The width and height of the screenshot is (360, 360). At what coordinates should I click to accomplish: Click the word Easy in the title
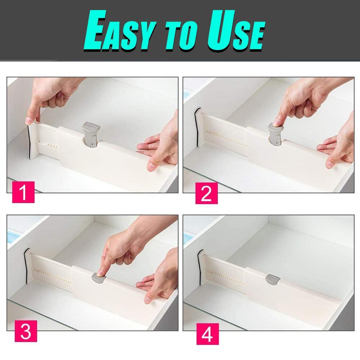pyautogui.click(x=120, y=30)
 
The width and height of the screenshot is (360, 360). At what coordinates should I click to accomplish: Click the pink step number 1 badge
pyautogui.click(x=23, y=192)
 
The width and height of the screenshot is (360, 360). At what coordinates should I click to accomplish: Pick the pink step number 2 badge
pyautogui.click(x=206, y=193)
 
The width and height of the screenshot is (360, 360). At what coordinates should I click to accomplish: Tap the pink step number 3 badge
pyautogui.click(x=26, y=331)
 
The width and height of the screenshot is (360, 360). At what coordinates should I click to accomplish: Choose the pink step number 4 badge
pyautogui.click(x=208, y=334)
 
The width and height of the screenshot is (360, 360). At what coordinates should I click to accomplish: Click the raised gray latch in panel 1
pyautogui.click(x=91, y=134)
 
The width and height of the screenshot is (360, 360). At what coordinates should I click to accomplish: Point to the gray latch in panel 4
pyautogui.click(x=273, y=279)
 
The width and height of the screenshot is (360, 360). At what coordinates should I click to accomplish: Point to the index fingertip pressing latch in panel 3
pyautogui.click(x=100, y=273)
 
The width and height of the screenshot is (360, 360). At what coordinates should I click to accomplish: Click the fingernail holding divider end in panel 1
pyautogui.click(x=29, y=120)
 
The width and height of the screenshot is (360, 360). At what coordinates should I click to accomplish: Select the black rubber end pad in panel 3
pyautogui.click(x=25, y=266)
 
